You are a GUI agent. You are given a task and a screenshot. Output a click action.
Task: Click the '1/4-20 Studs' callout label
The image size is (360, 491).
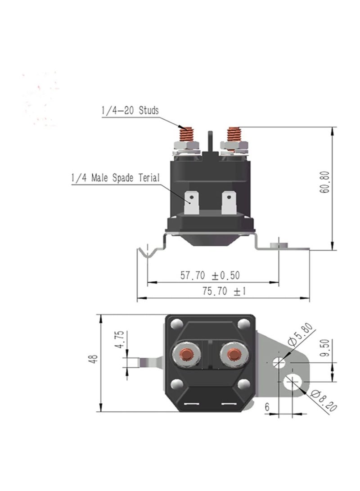[130, 111]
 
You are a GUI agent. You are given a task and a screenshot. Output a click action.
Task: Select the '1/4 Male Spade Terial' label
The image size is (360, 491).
[115, 178]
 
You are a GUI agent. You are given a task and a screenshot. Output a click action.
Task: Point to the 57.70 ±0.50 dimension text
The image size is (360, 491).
[210, 275]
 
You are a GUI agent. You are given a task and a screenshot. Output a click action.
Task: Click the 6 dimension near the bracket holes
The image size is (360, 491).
[267, 407]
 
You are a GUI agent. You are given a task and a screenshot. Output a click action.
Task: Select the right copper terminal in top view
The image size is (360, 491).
[232, 354]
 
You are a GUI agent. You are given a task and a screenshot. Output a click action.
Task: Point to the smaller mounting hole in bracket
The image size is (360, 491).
[279, 361]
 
